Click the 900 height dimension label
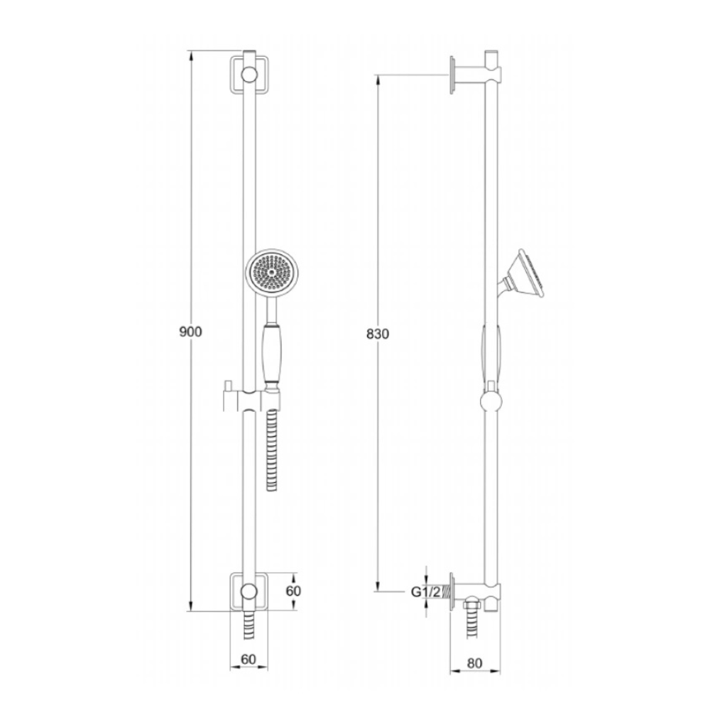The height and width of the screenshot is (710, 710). tap(190, 332)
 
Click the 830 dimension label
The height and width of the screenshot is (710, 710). tap(378, 334)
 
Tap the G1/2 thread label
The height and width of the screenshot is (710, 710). tap(425, 592)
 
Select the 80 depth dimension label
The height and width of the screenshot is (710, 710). tap(474, 663)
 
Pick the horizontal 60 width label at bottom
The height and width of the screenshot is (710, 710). tap(248, 660)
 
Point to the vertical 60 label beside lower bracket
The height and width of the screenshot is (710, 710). tap(293, 591)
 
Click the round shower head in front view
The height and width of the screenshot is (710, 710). tap(272, 272)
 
